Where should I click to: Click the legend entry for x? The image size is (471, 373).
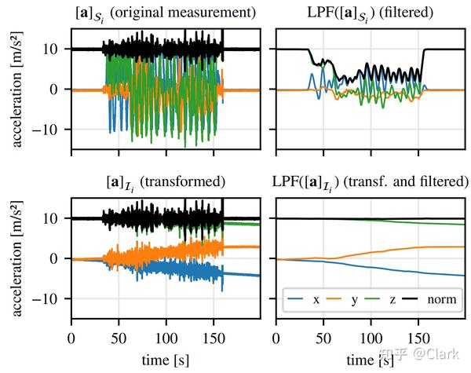pyautogui.click(x=308, y=300)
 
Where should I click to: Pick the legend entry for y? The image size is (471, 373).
pyautogui.click(x=347, y=300)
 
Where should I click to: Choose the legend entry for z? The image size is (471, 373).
pyautogui.click(x=385, y=300)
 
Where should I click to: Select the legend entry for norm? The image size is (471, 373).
pyautogui.click(x=429, y=300)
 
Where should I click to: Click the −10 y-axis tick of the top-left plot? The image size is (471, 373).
pyautogui.click(x=53, y=130)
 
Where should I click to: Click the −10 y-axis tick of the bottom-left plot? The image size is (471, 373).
pyautogui.click(x=53, y=299)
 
